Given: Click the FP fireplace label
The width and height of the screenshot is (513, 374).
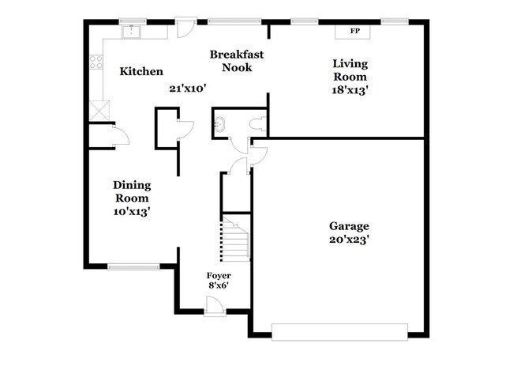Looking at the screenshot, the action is click(x=354, y=31).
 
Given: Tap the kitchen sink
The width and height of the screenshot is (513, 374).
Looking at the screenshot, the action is click(x=131, y=32).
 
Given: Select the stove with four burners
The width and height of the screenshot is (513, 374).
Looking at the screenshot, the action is click(x=96, y=62).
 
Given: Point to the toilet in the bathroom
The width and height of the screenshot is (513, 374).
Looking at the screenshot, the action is click(x=258, y=124).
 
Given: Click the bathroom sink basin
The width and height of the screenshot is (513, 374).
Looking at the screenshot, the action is click(x=219, y=124).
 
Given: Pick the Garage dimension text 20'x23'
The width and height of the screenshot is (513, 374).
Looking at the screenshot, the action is click(x=349, y=240).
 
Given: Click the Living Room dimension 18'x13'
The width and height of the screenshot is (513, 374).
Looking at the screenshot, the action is click(x=350, y=90).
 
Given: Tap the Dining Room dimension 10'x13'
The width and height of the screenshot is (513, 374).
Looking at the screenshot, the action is click(x=132, y=212).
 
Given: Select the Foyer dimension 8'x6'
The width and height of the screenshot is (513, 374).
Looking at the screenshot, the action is click(x=219, y=285).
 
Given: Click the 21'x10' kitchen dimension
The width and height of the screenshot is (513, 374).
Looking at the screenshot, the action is click(x=188, y=89).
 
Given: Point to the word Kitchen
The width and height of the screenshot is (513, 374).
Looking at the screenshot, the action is click(x=141, y=71).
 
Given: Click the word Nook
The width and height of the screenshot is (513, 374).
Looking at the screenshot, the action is click(x=237, y=67).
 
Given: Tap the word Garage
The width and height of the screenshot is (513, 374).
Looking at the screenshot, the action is click(x=349, y=226).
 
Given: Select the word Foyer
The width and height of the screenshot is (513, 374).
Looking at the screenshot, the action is click(x=219, y=276).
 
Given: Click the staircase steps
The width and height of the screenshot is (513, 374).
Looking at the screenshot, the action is click(x=235, y=240).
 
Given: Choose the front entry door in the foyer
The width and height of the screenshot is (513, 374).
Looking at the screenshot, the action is click(x=215, y=307).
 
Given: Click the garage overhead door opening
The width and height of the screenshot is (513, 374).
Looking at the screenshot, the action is click(x=339, y=332).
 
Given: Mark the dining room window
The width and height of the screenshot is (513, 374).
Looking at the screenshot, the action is click(x=133, y=266).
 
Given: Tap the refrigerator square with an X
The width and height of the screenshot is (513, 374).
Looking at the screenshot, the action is click(x=99, y=111).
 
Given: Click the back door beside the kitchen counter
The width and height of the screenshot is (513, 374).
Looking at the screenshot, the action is click(x=186, y=28).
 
